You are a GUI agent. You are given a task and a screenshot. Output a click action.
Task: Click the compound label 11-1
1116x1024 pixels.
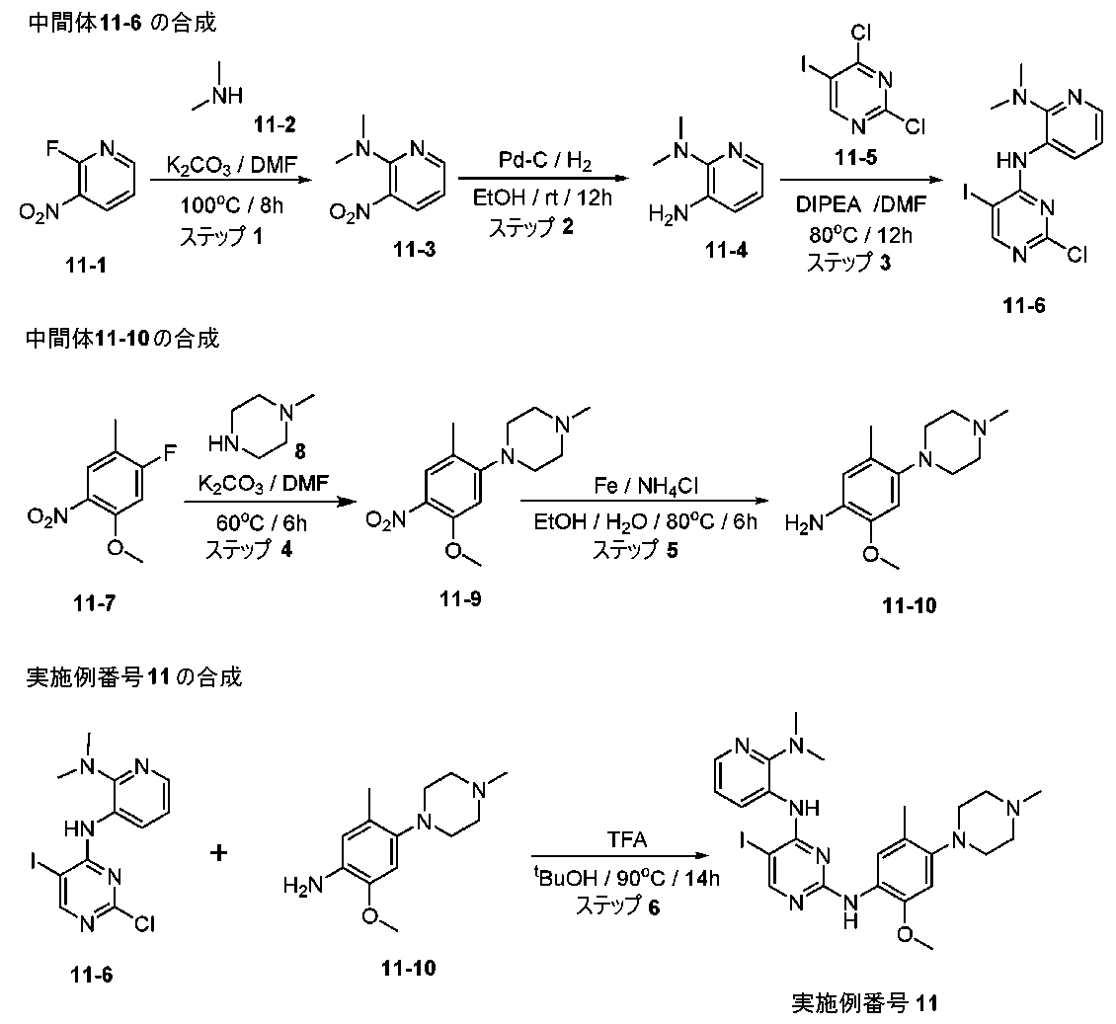coord(85,266)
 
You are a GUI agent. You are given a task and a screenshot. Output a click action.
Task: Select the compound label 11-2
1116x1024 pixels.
coord(275,125)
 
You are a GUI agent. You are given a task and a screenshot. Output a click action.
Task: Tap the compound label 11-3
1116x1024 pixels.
coord(414,249)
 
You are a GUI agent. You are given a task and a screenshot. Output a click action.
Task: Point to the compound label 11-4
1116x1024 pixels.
coord(726,250)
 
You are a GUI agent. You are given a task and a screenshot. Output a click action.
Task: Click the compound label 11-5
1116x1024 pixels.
coord(856,157)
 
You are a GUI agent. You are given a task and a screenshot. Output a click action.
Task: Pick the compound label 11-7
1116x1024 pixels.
coord(94,604)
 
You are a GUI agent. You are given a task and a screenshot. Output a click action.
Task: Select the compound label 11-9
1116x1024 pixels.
coord(460,598)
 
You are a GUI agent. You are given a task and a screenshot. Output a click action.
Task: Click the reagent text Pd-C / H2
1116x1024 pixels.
coord(544,161)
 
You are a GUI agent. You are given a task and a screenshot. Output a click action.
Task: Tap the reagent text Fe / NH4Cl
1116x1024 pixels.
coord(646,486)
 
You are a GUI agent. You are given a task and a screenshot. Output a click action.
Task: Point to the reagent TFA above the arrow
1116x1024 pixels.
coord(627,839)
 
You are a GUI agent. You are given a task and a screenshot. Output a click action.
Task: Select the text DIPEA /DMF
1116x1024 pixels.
coord(861,204)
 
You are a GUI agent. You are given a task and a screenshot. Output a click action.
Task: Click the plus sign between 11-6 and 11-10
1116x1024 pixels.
coord(218,852)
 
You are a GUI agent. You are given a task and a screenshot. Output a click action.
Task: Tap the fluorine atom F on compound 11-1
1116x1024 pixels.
coord(51,149)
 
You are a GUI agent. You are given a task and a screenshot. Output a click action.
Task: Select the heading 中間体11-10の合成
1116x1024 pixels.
coord(122,338)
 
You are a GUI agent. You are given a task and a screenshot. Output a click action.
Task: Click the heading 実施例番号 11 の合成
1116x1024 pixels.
coord(133,676)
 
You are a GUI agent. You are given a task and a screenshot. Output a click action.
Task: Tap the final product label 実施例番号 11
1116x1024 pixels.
coord(865,1003)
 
